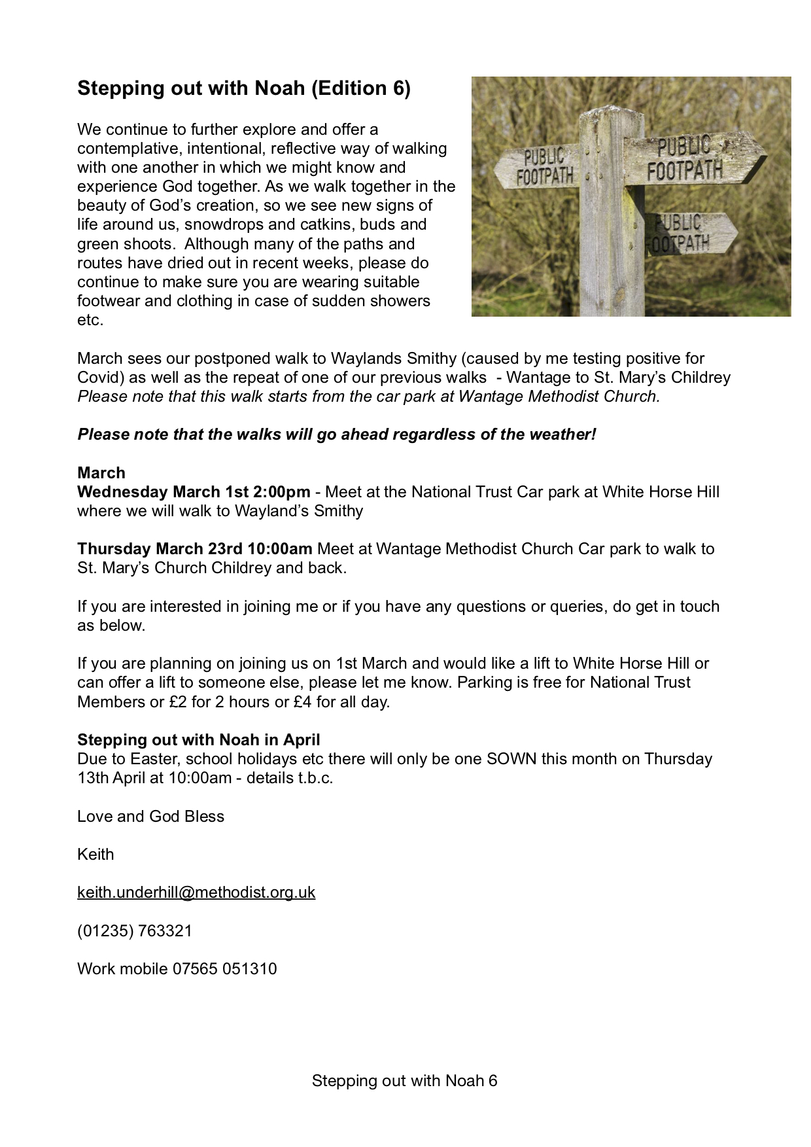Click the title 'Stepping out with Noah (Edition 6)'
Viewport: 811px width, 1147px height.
point(243,88)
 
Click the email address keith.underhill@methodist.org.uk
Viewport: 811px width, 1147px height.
point(196,892)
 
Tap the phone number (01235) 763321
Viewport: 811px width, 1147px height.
point(135,930)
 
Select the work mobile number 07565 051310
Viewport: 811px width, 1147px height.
point(224,968)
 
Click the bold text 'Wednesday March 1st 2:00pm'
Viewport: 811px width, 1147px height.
point(194,492)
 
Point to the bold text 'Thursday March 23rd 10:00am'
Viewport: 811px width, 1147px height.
point(194,549)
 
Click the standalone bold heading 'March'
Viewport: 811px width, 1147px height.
point(101,473)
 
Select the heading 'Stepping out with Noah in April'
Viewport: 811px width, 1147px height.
point(198,740)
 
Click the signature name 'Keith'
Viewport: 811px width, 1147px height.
point(95,855)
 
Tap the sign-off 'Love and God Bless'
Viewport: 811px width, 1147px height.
point(150,817)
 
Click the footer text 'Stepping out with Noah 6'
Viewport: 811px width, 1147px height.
point(404,1081)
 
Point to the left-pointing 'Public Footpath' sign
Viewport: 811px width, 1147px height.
point(538,166)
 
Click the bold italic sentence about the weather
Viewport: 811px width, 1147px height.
point(337,434)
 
